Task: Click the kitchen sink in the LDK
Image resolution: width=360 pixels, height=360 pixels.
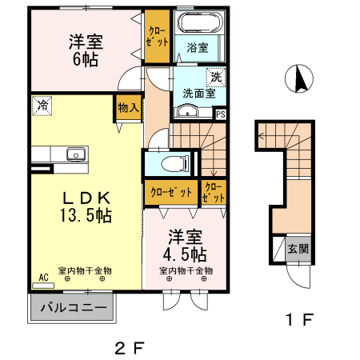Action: [x=75, y=154]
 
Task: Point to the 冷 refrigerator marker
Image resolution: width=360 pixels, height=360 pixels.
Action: [x=41, y=104]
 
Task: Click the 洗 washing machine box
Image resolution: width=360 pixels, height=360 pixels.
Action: [x=216, y=78]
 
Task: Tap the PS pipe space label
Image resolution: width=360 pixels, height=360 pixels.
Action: [x=221, y=114]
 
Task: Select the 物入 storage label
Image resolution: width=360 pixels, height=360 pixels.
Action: [x=128, y=107]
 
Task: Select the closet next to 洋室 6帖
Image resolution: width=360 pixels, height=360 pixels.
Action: [x=157, y=36]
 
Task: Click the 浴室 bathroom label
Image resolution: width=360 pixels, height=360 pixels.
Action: [x=198, y=48]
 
